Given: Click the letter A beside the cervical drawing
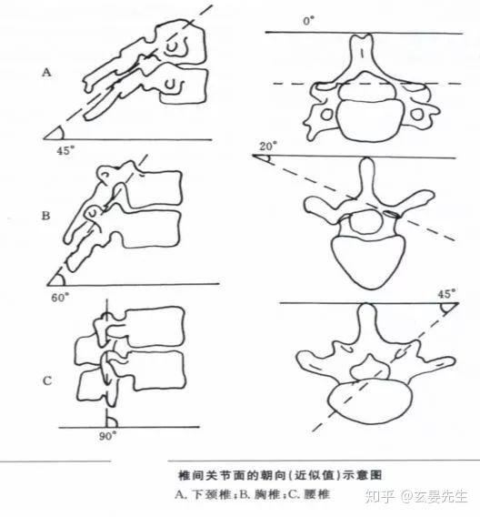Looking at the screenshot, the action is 46,72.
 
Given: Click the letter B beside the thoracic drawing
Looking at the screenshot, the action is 45,216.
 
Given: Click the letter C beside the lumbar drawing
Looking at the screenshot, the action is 47,380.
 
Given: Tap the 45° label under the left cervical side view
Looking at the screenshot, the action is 65,151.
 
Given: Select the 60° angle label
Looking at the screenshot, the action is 60,298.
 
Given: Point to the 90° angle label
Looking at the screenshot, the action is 107,436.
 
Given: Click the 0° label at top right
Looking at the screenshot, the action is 308,22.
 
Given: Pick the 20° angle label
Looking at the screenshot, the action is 268,146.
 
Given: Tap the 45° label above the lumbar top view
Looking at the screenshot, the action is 446,294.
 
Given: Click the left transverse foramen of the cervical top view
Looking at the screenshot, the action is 327,115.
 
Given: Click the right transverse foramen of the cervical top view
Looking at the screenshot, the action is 417,115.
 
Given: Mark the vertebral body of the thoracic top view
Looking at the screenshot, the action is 368,262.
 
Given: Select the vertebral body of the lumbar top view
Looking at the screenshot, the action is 370,400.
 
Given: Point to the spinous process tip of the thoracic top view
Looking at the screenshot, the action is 367,161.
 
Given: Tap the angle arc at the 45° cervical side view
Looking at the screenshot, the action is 62,133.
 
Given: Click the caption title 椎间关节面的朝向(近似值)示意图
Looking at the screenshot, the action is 280,475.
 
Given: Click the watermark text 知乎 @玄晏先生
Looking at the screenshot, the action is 416,496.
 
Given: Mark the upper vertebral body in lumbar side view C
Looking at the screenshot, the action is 155,327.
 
